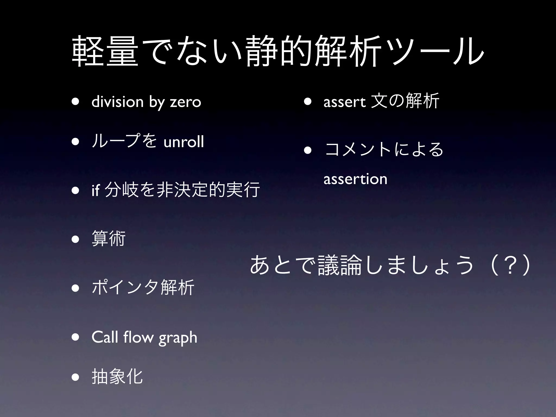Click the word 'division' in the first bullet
[x=117, y=102]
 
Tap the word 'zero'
[x=185, y=102]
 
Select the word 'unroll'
[x=184, y=142]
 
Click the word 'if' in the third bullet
[x=95, y=190]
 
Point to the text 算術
[x=109, y=238]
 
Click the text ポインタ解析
[x=143, y=287]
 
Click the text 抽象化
[x=117, y=377]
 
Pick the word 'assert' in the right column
[x=345, y=102]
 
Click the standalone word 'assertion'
[x=355, y=179]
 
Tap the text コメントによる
[x=384, y=150]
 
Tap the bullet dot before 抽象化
[x=75, y=377]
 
